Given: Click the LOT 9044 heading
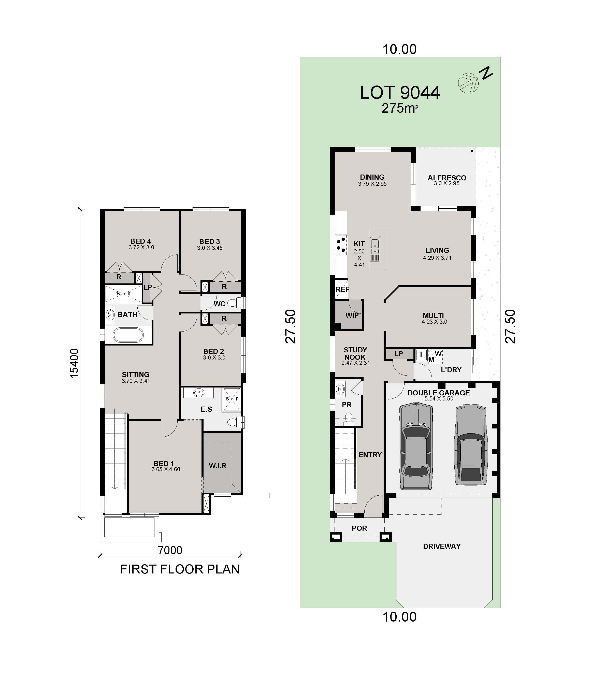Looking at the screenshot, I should pyautogui.click(x=399, y=93).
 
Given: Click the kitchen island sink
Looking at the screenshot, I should pyautogui.click(x=375, y=244).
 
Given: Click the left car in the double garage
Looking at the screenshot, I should pyautogui.click(x=416, y=447).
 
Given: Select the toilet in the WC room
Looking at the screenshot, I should pyautogui.click(x=234, y=303).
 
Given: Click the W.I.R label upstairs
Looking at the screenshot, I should pyautogui.click(x=217, y=466).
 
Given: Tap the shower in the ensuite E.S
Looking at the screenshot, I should pyautogui.click(x=232, y=399).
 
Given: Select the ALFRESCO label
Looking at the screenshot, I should pyautogui.click(x=447, y=178).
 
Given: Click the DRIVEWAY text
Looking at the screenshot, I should pyautogui.click(x=441, y=546).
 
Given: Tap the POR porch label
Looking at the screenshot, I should pyautogui.click(x=359, y=528).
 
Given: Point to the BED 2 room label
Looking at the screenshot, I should pyautogui.click(x=213, y=351).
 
